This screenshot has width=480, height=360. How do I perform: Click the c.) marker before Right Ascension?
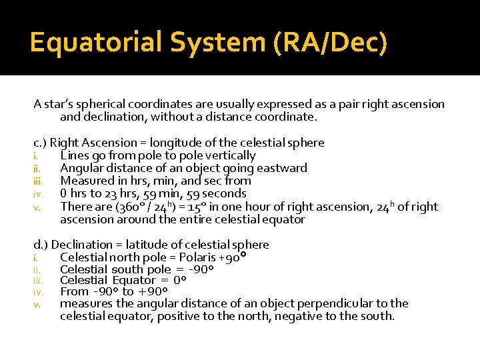(x=40, y=143)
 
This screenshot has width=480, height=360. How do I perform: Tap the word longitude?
(x=174, y=143)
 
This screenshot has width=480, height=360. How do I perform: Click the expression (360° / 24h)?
(x=148, y=207)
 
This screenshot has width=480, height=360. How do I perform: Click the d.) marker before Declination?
(x=41, y=245)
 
